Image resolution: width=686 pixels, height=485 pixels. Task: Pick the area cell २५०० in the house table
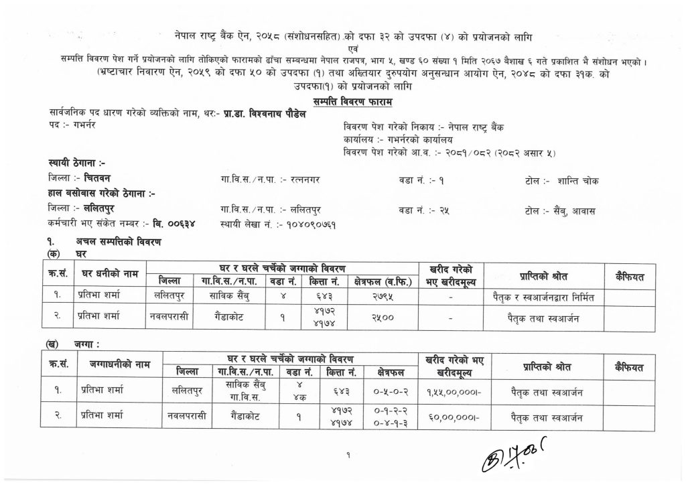coord(383,317)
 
